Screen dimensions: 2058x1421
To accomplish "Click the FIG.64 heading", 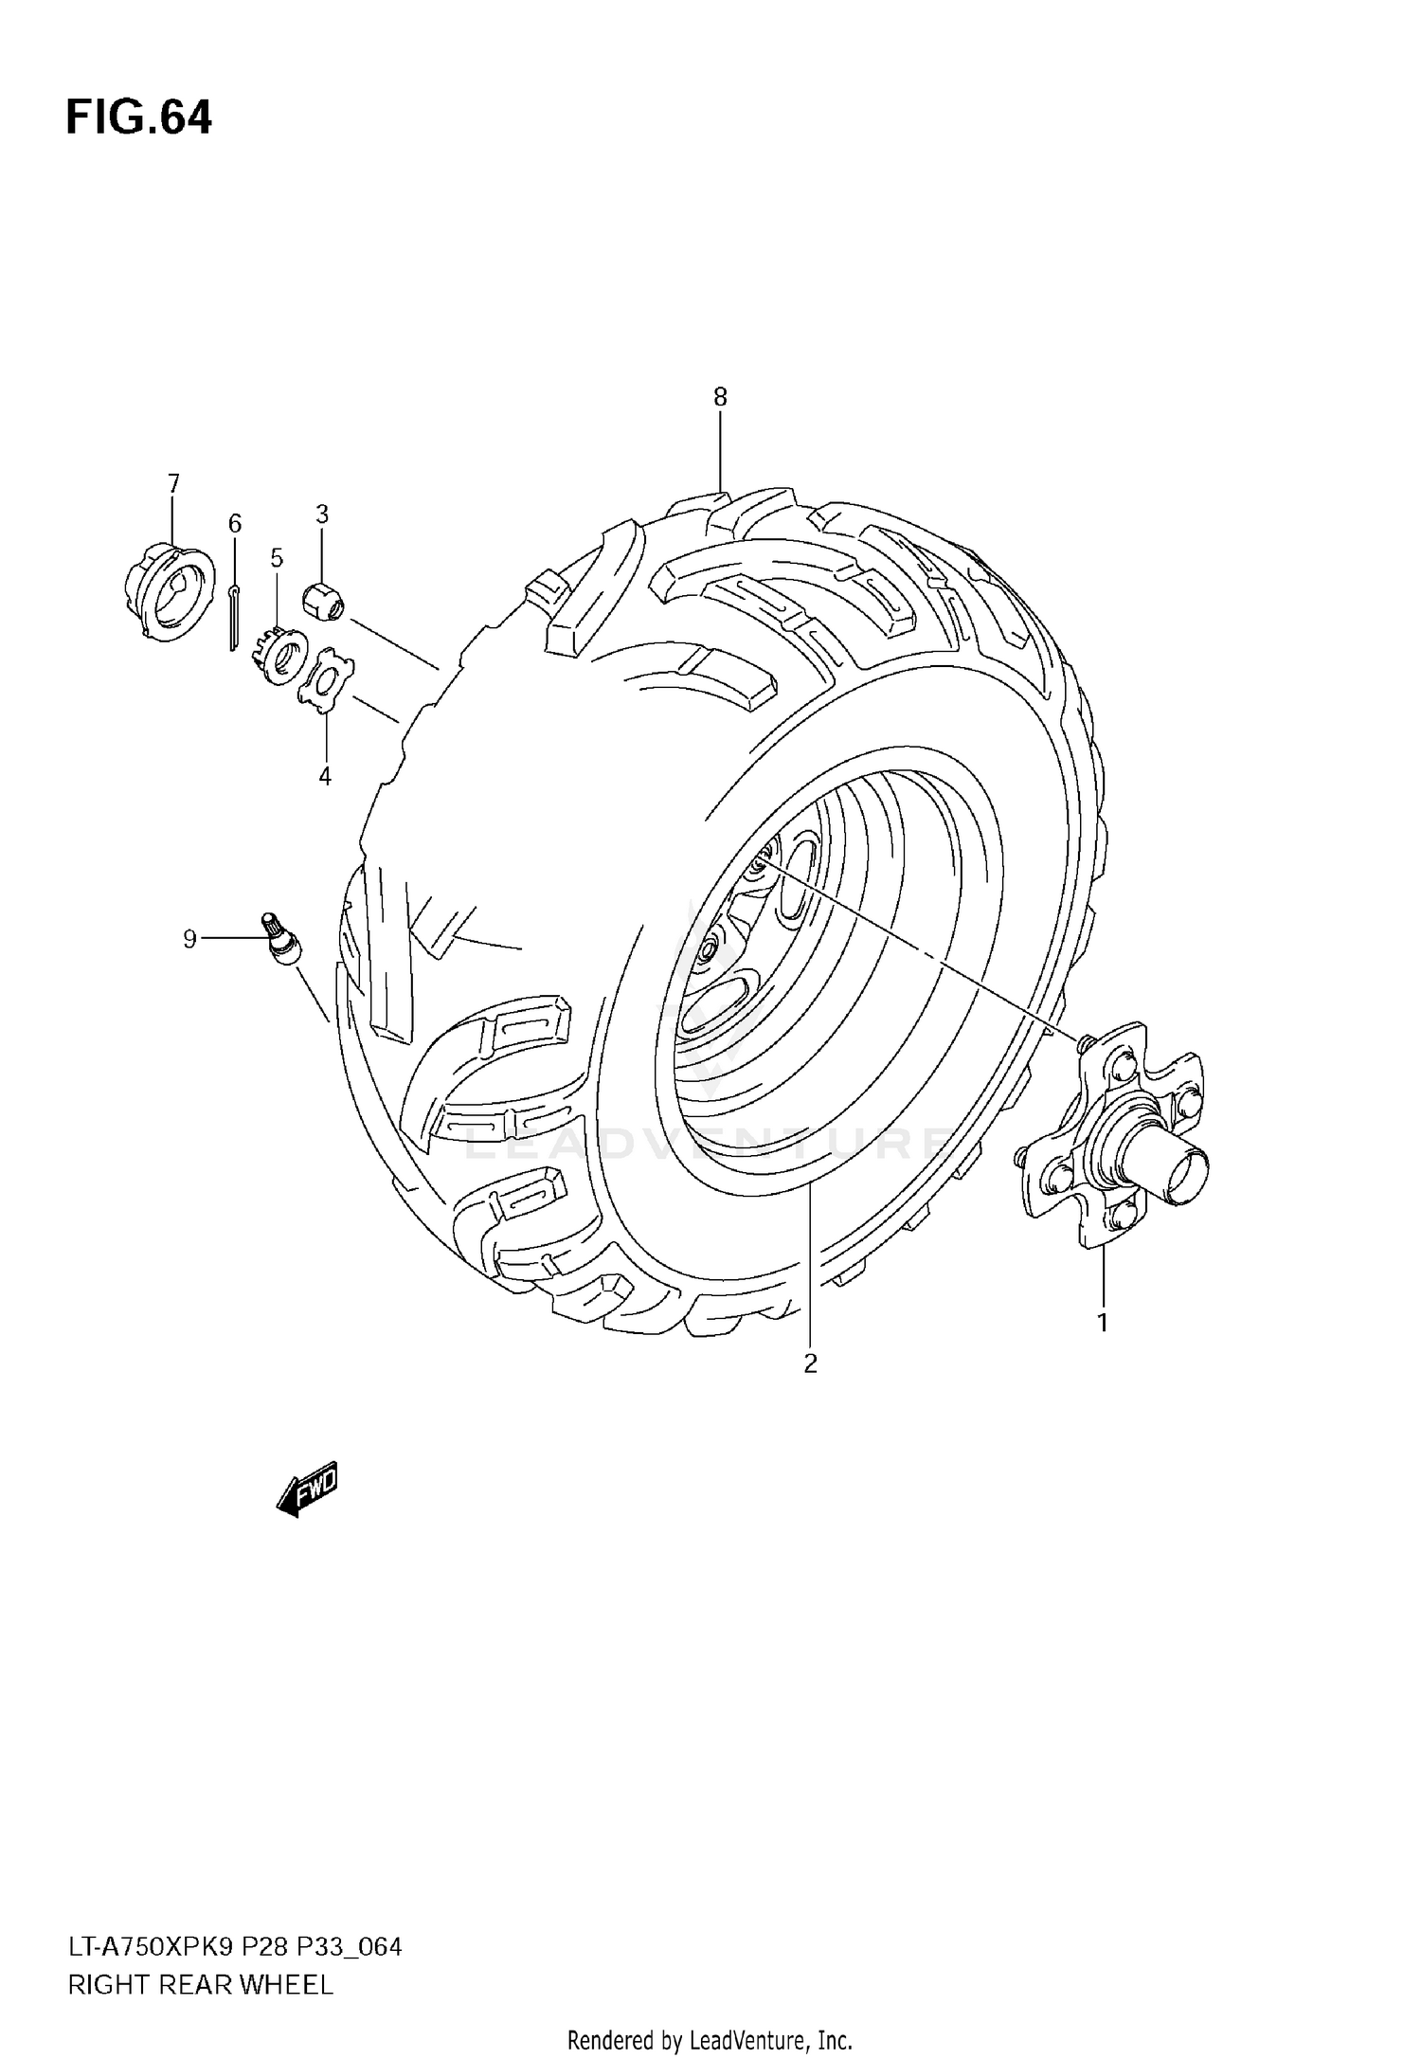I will coord(139,118).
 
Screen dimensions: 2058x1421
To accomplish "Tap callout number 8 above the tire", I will coord(720,398).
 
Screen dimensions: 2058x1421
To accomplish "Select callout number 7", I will coord(173,484).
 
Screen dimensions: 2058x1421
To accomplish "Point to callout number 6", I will coord(235,523).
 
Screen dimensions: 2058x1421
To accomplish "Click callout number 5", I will coord(277,558).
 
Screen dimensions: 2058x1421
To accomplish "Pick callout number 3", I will coord(322,514).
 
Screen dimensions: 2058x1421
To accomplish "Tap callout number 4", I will coord(325,777).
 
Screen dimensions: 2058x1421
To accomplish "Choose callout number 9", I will coord(189,939).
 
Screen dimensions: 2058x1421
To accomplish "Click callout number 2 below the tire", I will coord(810,1363).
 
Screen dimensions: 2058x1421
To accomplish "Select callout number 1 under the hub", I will coord(1103,1322).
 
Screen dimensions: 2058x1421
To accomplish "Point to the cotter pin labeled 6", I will coord(233,620).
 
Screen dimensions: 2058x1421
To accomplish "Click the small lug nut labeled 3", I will coord(323,601).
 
